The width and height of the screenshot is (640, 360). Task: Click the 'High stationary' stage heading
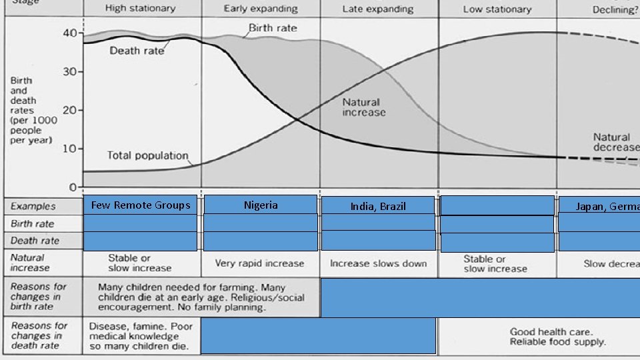click(x=141, y=9)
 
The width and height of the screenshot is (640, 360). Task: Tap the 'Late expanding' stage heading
click(x=378, y=9)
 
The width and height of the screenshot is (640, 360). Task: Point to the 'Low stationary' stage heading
click(x=497, y=9)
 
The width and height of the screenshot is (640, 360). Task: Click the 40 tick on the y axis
click(x=69, y=33)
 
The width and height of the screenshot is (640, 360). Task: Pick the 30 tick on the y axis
click(x=69, y=72)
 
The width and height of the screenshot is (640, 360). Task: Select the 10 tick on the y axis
click(x=69, y=148)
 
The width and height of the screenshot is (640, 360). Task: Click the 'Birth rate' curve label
click(x=273, y=29)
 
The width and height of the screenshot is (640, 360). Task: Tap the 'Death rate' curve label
click(x=137, y=51)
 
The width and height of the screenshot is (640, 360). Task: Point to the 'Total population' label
click(x=148, y=156)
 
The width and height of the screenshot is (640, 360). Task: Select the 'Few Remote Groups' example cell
click(x=141, y=205)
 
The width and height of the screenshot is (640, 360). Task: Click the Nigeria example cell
click(x=261, y=205)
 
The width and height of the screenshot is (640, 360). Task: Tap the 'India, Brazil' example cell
click(x=378, y=207)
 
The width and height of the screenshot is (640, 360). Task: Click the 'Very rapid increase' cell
click(x=259, y=263)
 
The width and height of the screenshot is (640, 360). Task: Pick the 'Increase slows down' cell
click(x=378, y=263)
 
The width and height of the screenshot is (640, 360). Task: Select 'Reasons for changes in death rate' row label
click(x=39, y=336)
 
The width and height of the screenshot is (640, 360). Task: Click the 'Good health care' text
click(x=551, y=331)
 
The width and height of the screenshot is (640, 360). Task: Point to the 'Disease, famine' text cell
click(x=141, y=337)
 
